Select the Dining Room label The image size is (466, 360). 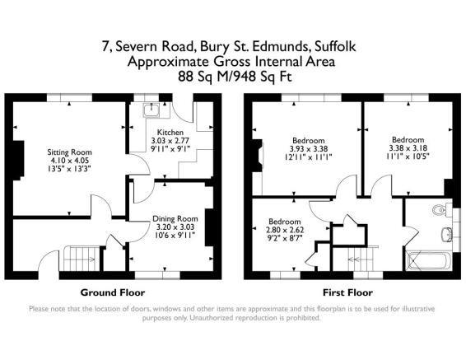pyautogui.click(x=171, y=218)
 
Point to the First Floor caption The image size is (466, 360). pyautogui.click(x=347, y=292)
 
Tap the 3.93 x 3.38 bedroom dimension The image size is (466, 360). pyautogui.click(x=309, y=149)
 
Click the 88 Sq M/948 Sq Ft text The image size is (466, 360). pyautogui.click(x=231, y=76)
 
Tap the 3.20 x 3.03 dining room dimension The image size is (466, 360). pyautogui.click(x=171, y=227)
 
